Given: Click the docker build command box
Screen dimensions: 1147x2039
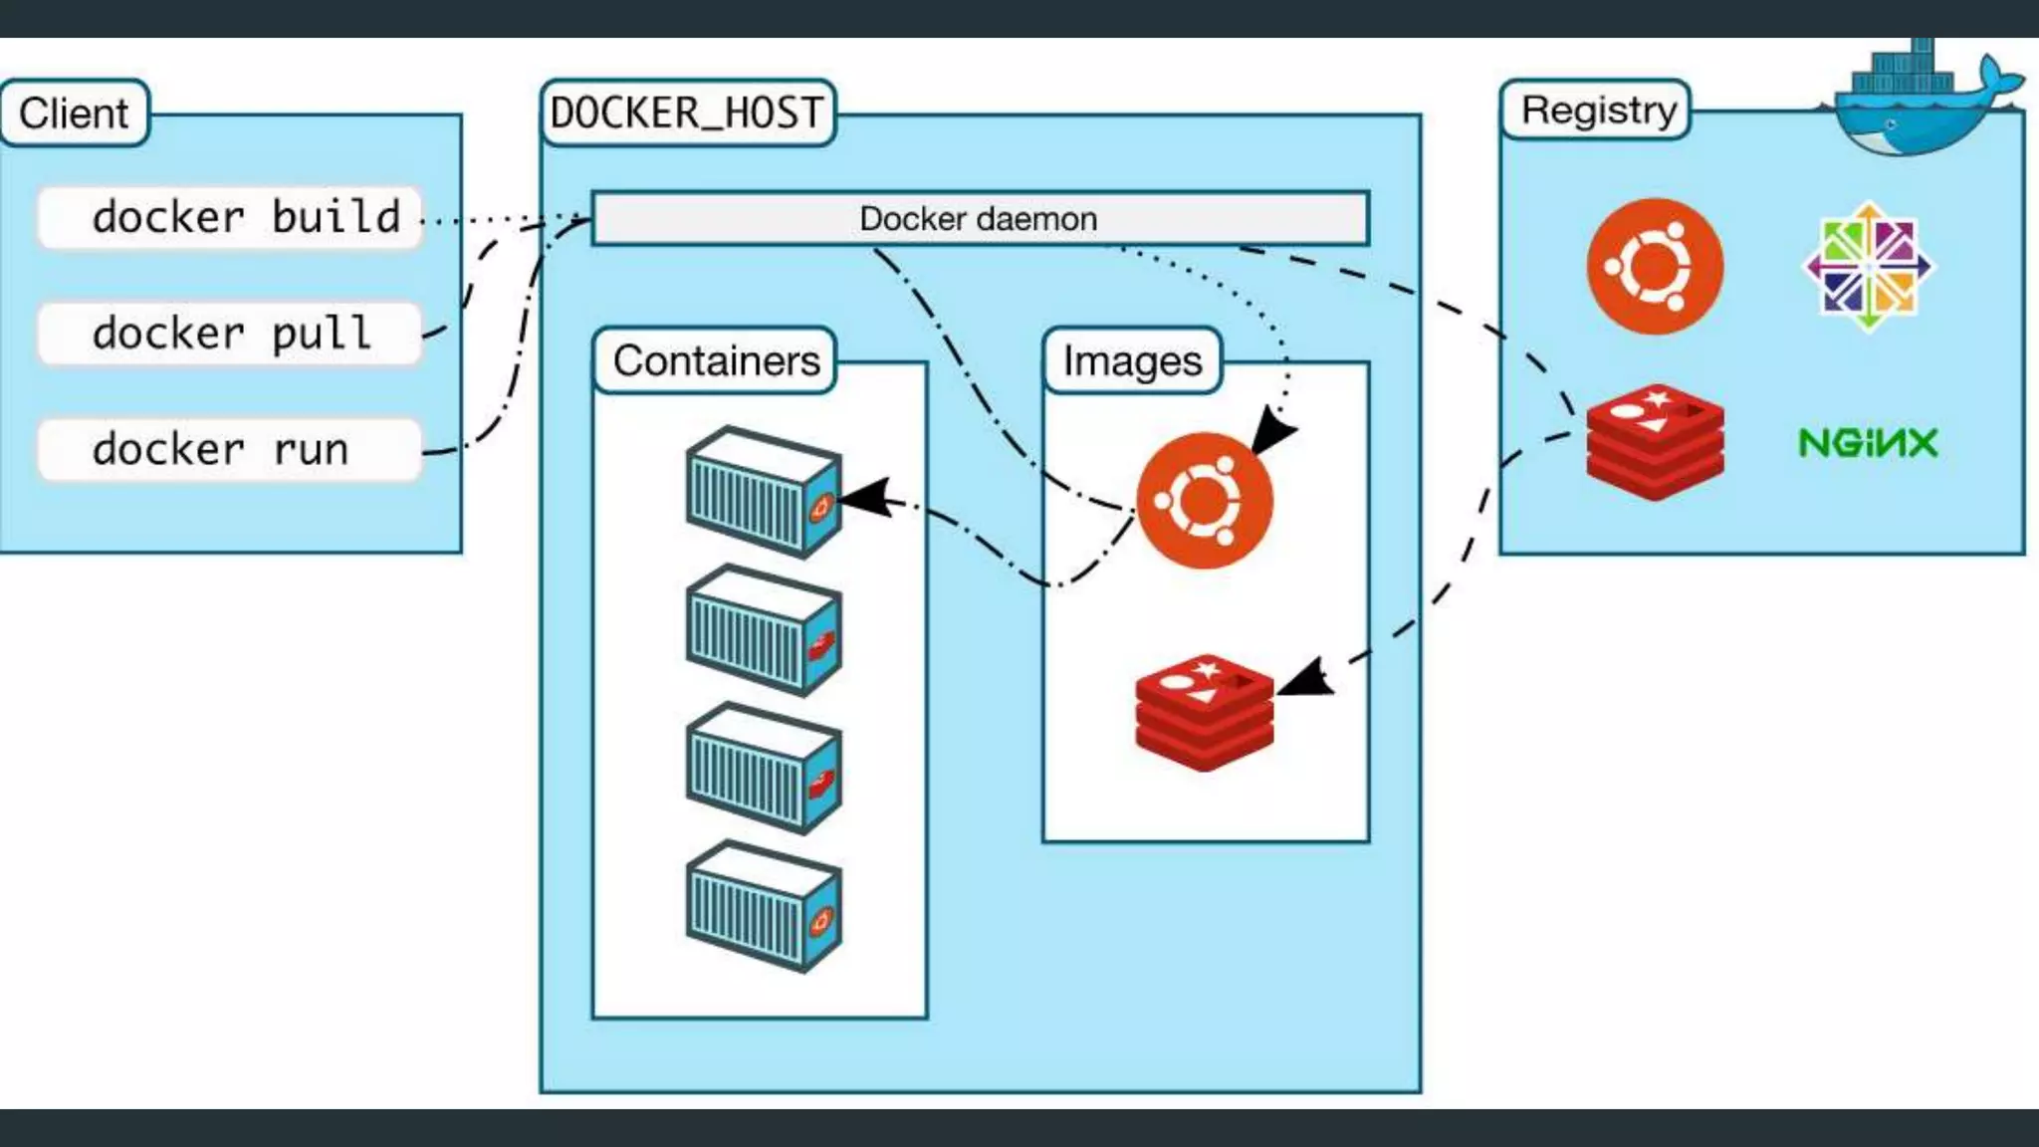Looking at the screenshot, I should [x=230, y=217].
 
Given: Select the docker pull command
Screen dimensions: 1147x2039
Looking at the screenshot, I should [x=230, y=333].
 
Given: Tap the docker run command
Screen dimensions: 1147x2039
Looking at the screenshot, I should [x=230, y=449].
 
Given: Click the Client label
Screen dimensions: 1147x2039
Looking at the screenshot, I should [x=75, y=114].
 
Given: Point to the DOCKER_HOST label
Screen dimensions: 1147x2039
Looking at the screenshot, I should [x=687, y=114].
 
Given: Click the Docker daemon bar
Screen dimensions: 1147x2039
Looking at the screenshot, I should [x=980, y=219].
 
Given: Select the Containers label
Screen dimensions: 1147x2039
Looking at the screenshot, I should [x=716, y=360].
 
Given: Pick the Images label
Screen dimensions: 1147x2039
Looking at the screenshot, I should [x=1132, y=360].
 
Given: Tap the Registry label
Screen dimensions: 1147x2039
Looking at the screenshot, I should [x=1598, y=110].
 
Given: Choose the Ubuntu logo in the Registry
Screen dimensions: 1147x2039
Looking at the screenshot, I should [x=1655, y=267].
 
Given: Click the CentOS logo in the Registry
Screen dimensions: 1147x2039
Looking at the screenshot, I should [x=1869, y=267].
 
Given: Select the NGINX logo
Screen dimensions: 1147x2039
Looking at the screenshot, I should [x=1868, y=443].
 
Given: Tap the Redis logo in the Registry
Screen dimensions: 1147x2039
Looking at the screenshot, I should [x=1655, y=443].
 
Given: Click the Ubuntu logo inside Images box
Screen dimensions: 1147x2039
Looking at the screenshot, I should [x=1205, y=500].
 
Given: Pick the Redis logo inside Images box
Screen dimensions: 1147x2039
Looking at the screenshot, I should [x=1205, y=712].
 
